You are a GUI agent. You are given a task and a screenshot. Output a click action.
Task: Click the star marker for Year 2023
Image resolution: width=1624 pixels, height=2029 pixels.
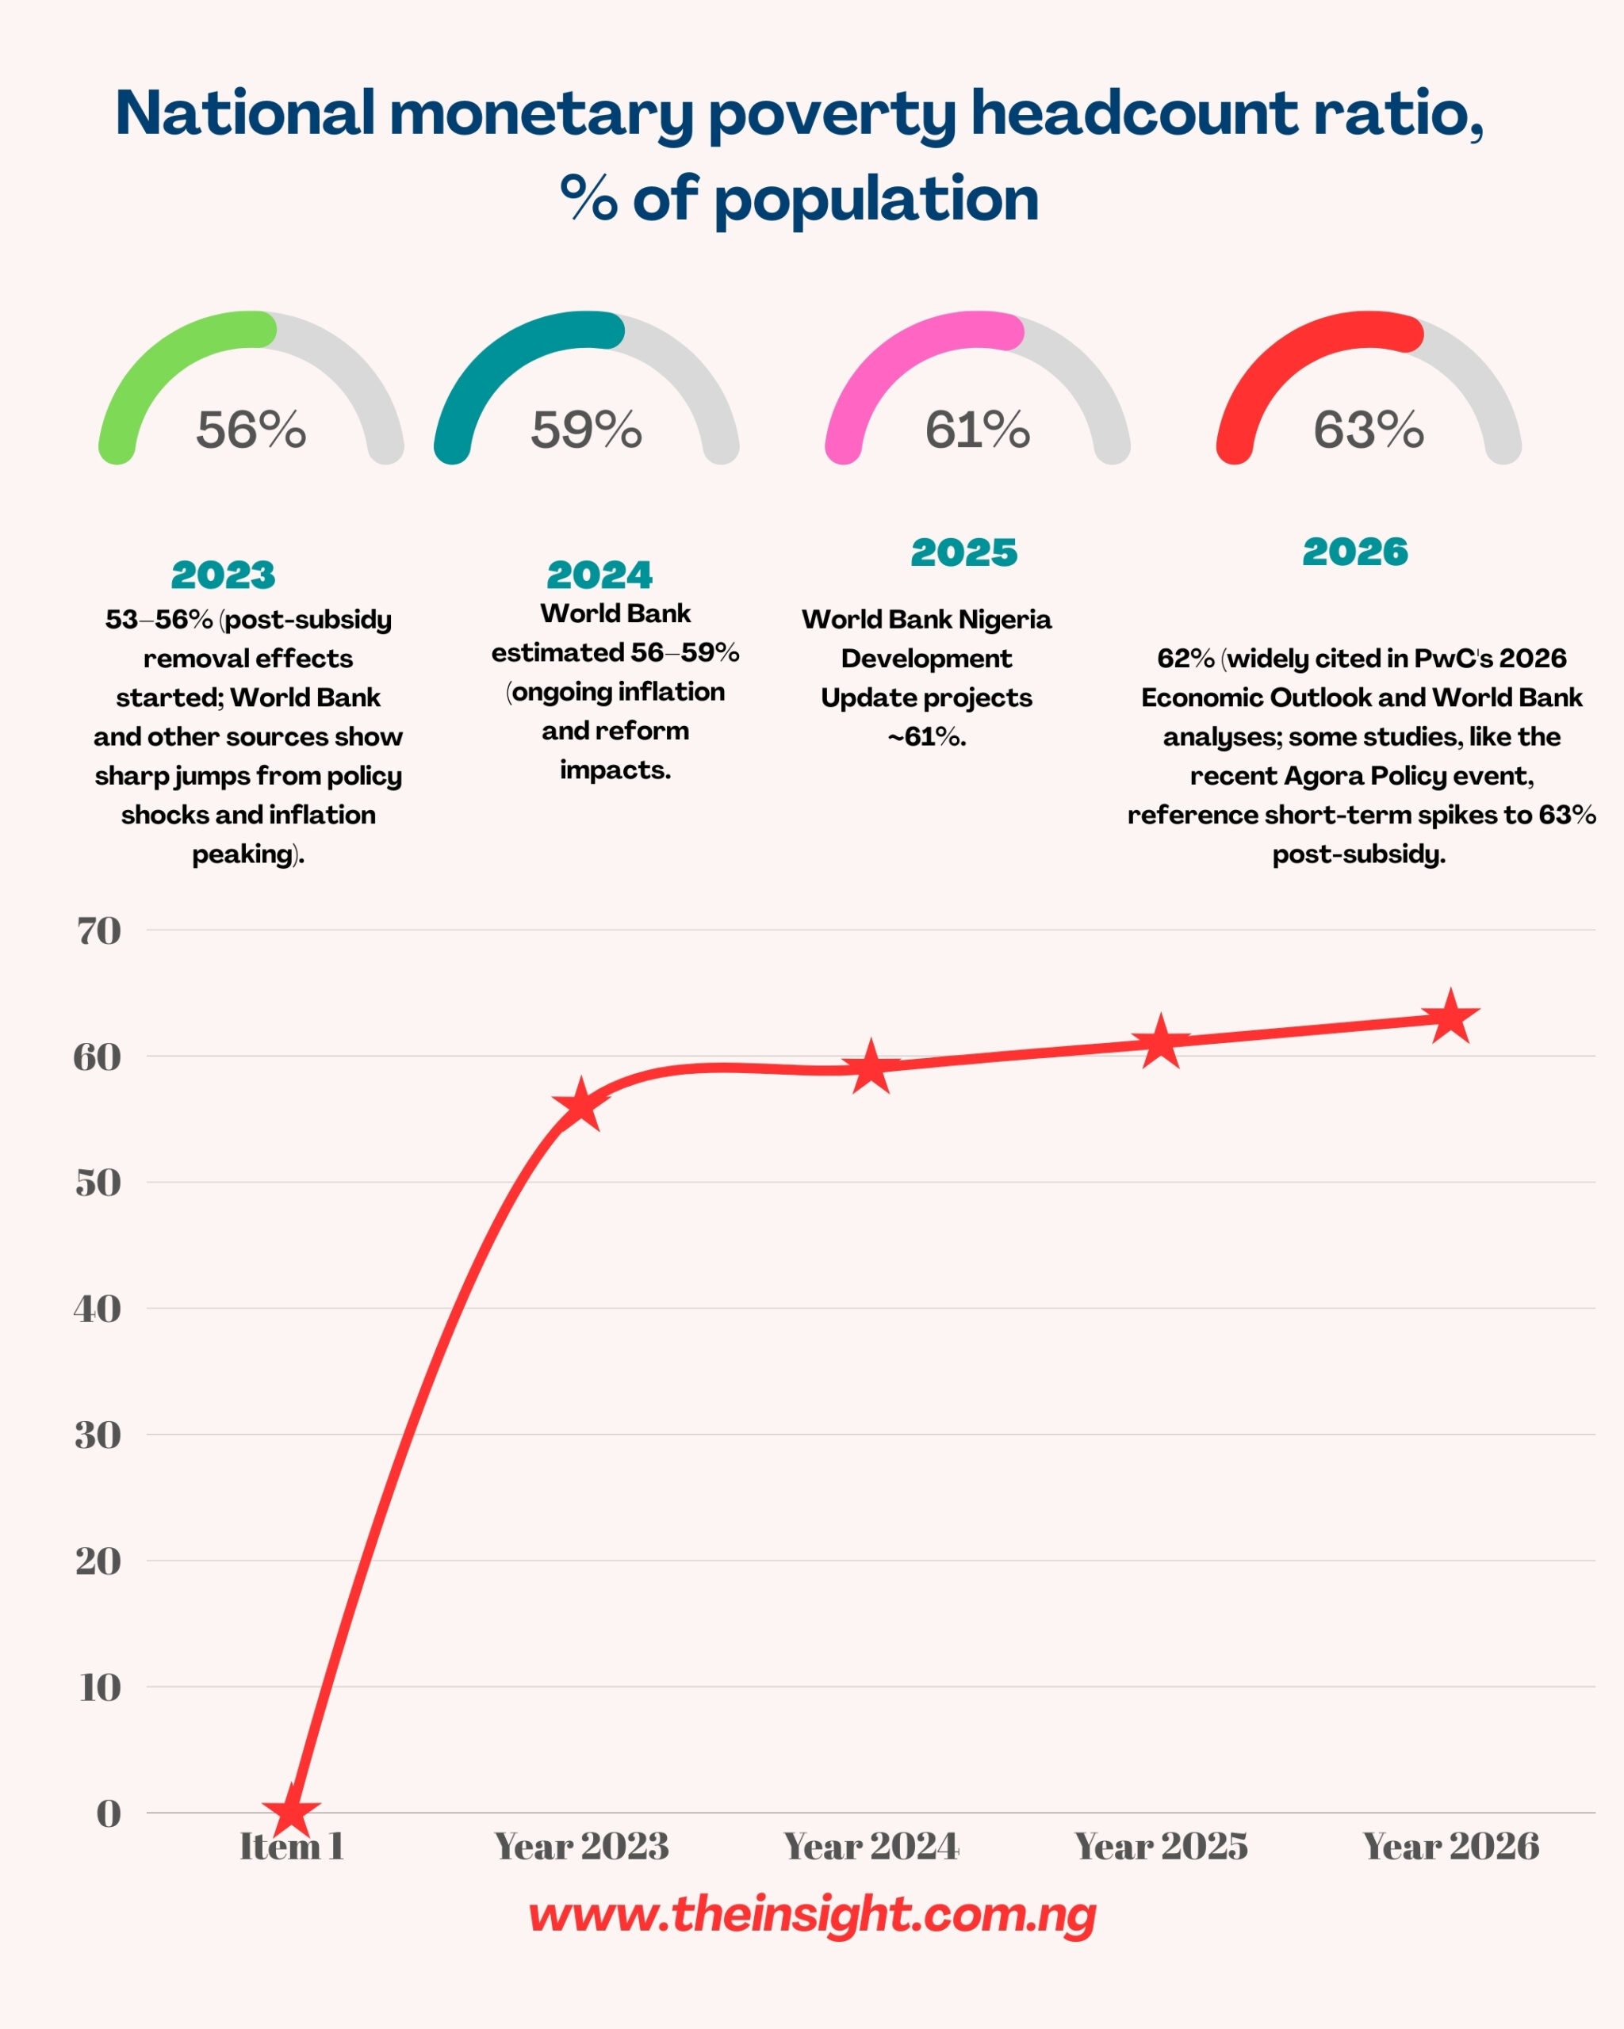tap(581, 1106)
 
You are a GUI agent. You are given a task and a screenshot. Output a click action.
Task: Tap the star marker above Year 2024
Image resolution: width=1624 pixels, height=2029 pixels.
tap(871, 1067)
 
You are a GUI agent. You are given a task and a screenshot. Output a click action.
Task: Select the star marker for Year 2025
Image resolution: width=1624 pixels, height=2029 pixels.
tap(1161, 1041)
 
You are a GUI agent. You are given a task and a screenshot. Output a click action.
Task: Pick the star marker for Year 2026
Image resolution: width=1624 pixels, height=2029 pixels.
tap(1451, 1018)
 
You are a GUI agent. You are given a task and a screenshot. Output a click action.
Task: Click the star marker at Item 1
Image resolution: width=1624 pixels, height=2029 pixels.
tap(292, 1811)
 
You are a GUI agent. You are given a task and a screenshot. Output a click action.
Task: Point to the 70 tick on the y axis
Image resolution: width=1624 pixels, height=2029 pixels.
tap(99, 930)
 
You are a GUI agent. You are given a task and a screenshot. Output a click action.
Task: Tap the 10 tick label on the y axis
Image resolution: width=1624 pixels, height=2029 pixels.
tap(100, 1687)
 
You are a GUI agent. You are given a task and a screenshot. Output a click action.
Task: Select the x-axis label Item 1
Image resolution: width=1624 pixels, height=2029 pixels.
tap(292, 1847)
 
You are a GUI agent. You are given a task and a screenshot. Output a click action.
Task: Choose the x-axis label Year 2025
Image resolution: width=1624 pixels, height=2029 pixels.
tap(1161, 1847)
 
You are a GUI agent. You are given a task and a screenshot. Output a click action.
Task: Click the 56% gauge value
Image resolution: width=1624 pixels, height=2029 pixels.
tap(251, 430)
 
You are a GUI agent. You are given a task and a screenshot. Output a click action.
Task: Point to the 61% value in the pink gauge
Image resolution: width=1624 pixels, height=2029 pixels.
tap(977, 430)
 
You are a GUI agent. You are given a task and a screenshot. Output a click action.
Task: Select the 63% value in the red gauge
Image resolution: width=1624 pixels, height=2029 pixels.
tap(1369, 430)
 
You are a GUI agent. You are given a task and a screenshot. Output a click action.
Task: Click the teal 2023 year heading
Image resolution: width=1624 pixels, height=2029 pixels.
tap(223, 575)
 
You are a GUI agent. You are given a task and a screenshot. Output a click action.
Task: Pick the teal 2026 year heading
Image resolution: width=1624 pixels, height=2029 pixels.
tap(1354, 552)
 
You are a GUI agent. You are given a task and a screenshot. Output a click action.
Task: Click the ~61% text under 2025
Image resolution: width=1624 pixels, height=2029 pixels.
tap(926, 737)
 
